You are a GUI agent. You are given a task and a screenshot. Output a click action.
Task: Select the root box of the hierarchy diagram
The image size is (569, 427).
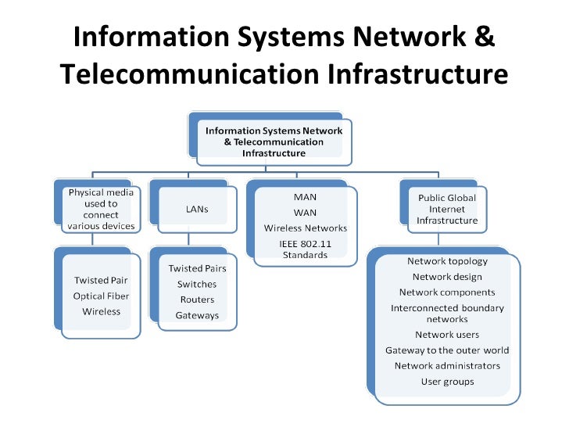tap(274, 142)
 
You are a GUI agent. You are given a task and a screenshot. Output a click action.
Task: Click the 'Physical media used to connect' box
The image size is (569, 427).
tap(102, 209)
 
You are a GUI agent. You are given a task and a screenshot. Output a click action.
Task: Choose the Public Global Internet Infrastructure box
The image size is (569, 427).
tap(447, 209)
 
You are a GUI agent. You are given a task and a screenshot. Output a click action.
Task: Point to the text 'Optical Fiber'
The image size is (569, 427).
tap(102, 296)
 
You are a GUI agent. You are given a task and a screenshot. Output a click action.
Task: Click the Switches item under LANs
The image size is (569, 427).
tap(197, 284)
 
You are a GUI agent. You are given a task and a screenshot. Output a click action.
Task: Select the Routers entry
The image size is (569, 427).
tap(197, 300)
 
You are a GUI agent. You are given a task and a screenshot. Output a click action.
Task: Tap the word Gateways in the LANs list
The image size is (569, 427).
tap(197, 315)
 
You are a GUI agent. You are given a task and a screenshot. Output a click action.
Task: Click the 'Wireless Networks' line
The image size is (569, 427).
tap(305, 228)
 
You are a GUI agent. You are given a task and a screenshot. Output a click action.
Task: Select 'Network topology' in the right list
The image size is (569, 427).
tap(447, 261)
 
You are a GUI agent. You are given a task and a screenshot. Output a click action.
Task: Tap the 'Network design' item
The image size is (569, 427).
tap(447, 276)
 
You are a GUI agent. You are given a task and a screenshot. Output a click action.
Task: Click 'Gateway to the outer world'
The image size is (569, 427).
tap(447, 350)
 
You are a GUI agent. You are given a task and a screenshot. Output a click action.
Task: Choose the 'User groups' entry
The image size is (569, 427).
tap(447, 382)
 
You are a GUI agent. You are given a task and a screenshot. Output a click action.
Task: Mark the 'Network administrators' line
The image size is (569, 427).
tap(447, 365)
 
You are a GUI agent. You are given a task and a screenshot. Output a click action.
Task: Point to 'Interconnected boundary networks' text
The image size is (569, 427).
tap(447, 313)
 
